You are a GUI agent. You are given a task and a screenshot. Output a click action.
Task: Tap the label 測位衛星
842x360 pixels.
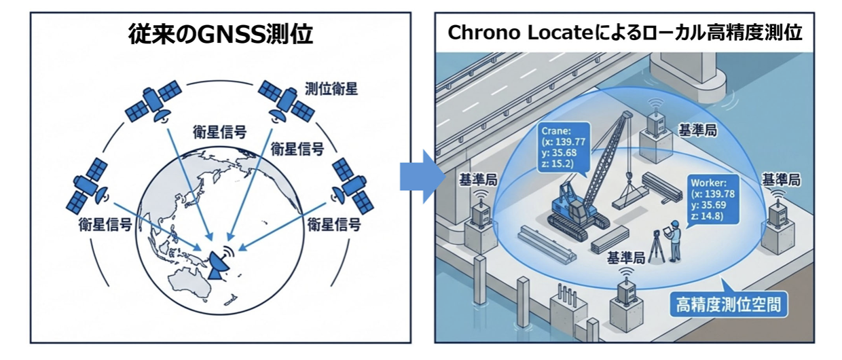point(331,88)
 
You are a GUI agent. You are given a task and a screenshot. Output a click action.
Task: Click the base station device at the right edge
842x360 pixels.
point(777,214)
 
